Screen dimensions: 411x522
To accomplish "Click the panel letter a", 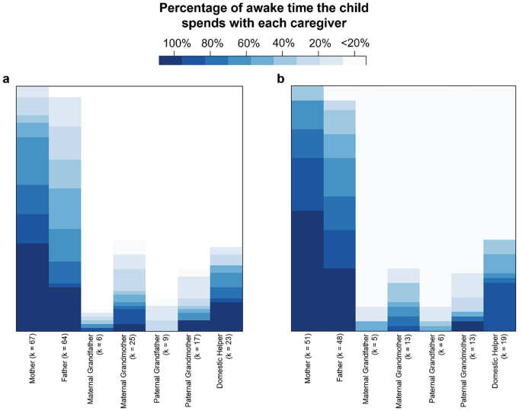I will click(x=7, y=79).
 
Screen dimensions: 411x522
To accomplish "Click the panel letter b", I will click(x=280, y=79).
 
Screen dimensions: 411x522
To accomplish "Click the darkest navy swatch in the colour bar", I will click(x=171, y=60).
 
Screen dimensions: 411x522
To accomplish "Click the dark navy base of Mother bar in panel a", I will click(x=33, y=287).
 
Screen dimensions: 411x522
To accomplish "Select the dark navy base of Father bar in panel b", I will click(x=340, y=300).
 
